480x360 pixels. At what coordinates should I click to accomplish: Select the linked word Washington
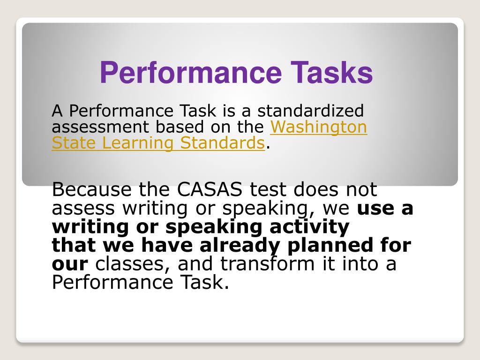[319, 127]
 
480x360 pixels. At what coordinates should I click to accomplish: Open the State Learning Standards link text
[158, 143]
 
